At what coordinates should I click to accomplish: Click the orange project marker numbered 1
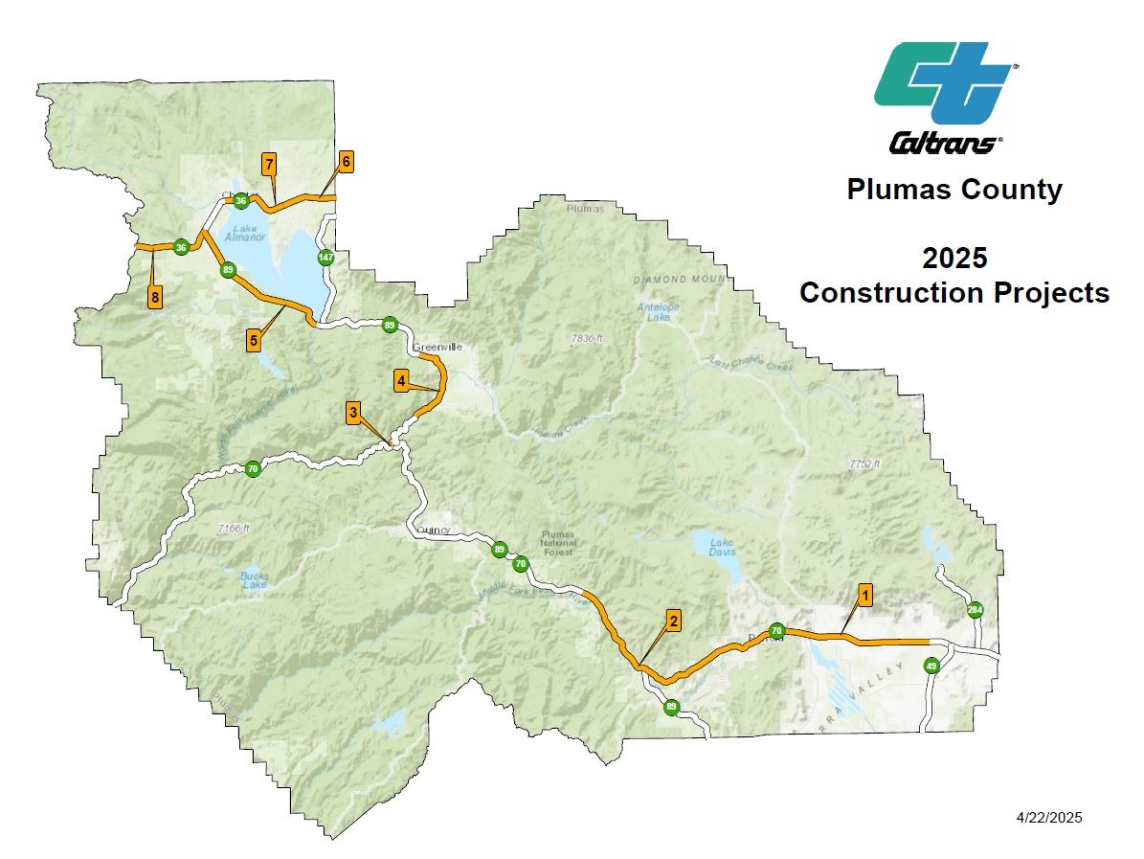pos(864,595)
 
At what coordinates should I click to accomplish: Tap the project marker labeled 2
pos(673,621)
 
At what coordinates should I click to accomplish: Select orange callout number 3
pos(353,413)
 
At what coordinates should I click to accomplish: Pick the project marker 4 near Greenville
pos(402,381)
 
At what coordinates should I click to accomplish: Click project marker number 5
pos(254,339)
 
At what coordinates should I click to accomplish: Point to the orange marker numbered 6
pos(346,161)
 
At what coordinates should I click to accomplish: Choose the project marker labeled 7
pos(269,164)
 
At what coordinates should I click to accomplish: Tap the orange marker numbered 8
pos(154,297)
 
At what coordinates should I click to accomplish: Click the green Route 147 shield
pos(325,258)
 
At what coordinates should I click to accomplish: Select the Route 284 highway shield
pos(975,610)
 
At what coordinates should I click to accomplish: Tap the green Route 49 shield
pos(931,666)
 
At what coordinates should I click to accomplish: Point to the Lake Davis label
pos(722,548)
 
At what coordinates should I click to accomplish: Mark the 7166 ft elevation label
pos(233,529)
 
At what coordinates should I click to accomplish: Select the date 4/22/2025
pos(1049,817)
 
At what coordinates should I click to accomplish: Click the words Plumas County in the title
pos(953,190)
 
